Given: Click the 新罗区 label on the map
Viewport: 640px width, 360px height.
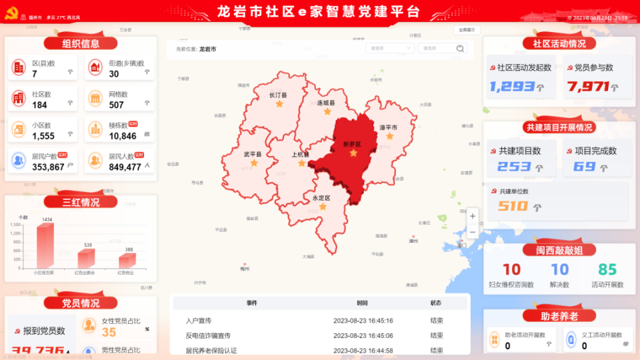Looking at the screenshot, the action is point(352,144).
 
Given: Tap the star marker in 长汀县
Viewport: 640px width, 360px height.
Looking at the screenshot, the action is point(279,104).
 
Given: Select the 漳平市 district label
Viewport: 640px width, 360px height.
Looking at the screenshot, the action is point(389,127).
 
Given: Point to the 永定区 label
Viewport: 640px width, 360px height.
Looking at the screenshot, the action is point(321,198).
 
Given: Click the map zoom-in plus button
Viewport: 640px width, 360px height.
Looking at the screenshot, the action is point(473,216).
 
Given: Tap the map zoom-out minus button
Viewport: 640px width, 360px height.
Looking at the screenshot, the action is point(473,232).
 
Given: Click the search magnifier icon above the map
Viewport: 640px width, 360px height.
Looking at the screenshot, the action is point(460,49).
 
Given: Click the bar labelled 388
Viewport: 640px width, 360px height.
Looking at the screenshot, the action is point(128,260).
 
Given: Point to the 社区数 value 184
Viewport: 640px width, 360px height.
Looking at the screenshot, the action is point(40,105).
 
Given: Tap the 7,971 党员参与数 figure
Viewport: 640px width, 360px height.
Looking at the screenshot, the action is point(589,87).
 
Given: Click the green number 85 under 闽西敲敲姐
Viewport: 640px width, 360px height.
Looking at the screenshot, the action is point(607,269).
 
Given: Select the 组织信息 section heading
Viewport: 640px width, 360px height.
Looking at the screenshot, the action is point(81,44).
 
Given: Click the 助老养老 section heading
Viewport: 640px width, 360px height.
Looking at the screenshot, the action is point(559,315).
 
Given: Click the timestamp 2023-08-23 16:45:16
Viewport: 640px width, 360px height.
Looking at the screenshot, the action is point(363,321).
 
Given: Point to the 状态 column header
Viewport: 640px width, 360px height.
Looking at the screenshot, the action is point(437,303).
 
